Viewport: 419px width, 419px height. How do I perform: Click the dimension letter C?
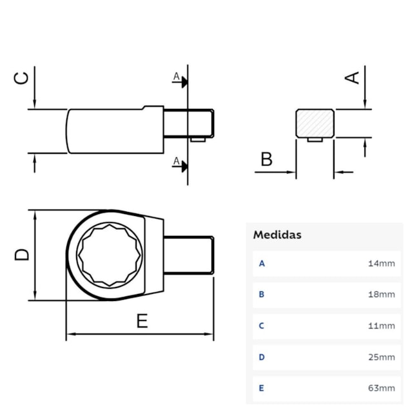(22, 78)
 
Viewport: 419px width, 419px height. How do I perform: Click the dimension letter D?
(22, 254)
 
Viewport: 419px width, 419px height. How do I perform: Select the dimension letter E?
(142, 320)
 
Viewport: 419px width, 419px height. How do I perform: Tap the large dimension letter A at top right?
(352, 77)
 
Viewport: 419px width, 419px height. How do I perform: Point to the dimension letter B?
(266, 159)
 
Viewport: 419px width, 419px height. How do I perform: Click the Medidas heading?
(277, 235)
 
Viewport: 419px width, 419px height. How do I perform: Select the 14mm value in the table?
(382, 264)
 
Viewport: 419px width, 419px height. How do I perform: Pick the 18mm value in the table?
(382, 295)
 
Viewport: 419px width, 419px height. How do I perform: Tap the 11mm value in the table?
(382, 326)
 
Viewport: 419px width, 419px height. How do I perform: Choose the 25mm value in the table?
(382, 357)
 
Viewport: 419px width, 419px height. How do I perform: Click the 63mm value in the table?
(382, 388)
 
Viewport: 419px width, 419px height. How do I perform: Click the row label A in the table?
(262, 264)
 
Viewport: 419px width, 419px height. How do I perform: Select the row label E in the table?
(262, 388)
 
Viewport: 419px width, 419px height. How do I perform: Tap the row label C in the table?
(262, 326)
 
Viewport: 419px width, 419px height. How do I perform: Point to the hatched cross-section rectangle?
(315, 122)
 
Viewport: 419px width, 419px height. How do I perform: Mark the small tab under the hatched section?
(315, 139)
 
